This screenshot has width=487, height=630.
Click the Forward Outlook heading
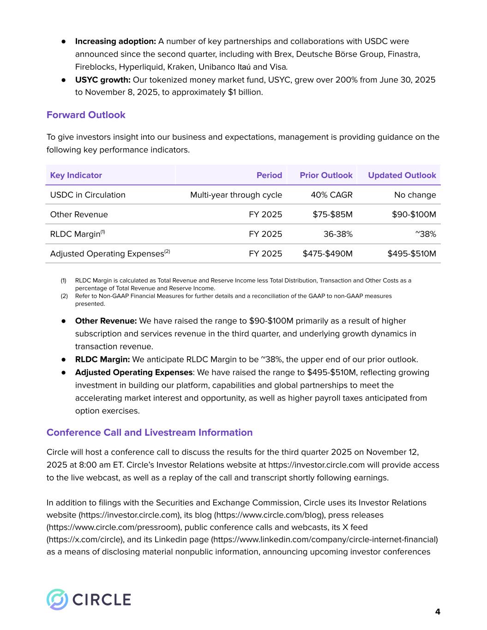(86, 115)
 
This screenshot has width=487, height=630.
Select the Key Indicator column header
(76, 175)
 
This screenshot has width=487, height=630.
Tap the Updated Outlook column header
(402, 175)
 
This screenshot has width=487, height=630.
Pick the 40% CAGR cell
(331, 195)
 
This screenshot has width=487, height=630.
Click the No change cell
(415, 195)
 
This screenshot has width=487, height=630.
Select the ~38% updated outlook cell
(426, 234)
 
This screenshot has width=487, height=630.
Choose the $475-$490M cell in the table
(327, 254)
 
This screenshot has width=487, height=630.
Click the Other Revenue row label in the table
(79, 215)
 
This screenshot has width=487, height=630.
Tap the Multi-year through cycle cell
(236, 195)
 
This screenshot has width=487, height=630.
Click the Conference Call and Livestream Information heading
(150, 432)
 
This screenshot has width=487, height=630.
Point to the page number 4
(438, 612)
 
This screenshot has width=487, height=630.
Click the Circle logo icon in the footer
(57, 600)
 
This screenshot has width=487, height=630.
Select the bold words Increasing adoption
(115, 42)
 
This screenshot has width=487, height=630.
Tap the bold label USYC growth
(102, 80)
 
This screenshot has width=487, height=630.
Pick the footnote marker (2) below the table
(64, 296)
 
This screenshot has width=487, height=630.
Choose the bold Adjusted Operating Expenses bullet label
(133, 372)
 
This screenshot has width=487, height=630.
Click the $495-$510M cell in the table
(412, 254)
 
